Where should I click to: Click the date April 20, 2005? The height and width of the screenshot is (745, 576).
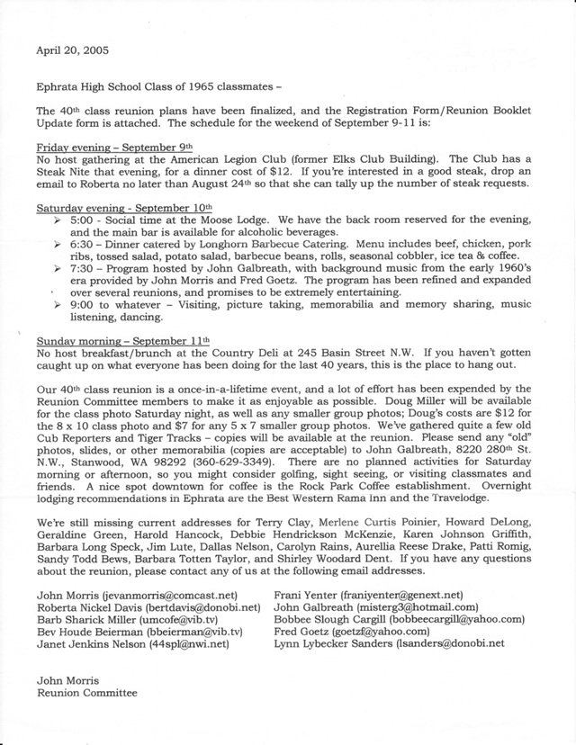pyautogui.click(x=71, y=50)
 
